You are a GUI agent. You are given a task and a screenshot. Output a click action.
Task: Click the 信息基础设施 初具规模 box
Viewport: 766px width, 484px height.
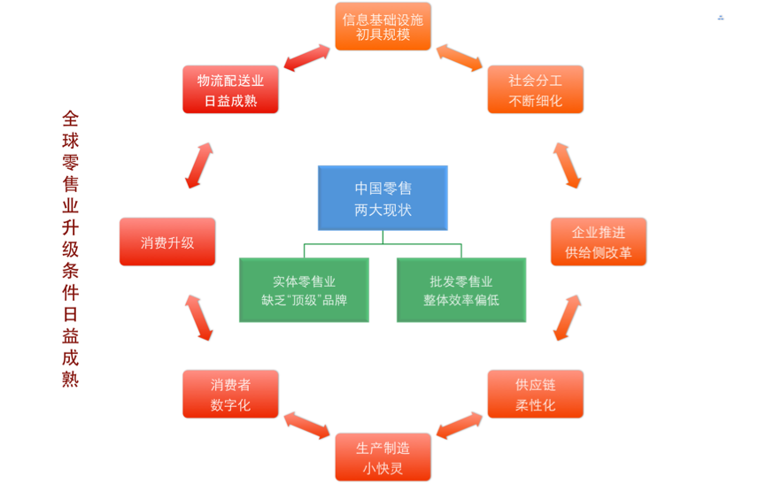click(383, 27)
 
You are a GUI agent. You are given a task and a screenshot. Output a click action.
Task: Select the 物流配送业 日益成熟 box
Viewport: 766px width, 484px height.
click(230, 89)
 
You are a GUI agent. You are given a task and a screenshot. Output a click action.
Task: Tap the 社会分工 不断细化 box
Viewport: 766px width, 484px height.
click(535, 89)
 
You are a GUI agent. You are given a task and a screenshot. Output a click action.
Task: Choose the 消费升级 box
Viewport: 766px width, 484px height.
click(167, 242)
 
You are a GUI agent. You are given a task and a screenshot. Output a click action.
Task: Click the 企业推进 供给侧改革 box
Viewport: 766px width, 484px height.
click(599, 242)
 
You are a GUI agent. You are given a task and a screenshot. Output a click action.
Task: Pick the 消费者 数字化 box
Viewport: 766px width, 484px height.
click(230, 395)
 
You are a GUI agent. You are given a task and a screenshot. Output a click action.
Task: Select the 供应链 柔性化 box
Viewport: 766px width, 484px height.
click(535, 395)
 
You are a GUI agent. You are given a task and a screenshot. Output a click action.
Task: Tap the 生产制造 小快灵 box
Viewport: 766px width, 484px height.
click(383, 457)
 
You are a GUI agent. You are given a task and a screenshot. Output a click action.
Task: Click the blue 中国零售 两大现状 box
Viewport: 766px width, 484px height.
click(383, 198)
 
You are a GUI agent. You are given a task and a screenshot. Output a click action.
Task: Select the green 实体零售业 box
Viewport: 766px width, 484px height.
click(304, 290)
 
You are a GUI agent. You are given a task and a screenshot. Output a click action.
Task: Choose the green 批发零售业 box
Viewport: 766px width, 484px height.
click(461, 290)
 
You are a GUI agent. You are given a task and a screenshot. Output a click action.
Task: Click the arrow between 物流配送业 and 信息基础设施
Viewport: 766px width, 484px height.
click(307, 58)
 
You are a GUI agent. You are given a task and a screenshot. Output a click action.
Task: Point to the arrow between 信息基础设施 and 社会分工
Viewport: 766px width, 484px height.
click(459, 58)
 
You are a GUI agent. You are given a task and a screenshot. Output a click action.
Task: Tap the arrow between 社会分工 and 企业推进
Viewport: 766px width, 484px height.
click(567, 165)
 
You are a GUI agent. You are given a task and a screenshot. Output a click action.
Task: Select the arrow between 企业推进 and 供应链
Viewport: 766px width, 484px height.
click(567, 318)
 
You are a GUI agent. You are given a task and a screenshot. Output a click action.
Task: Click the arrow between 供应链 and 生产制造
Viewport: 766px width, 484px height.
click(460, 426)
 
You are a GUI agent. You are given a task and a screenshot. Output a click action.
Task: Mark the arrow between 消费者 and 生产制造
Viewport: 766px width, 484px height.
click(306, 426)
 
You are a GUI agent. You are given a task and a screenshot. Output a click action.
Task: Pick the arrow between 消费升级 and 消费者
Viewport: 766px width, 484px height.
click(199, 318)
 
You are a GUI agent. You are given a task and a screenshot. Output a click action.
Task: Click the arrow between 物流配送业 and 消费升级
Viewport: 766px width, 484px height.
click(199, 165)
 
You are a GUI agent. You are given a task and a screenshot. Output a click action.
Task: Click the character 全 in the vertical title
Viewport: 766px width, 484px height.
click(71, 118)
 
